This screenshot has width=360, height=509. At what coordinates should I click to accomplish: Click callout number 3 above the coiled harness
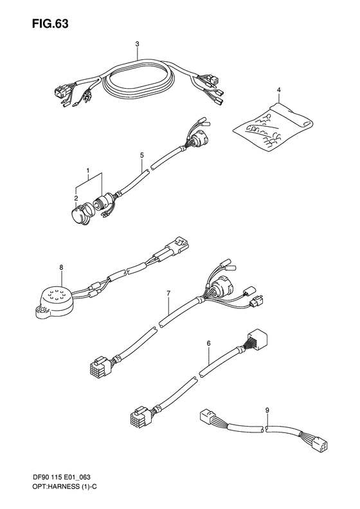pyautogui.click(x=138, y=44)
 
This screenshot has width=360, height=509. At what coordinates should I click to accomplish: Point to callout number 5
pyautogui.click(x=141, y=155)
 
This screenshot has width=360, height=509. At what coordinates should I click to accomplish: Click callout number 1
pyautogui.click(x=87, y=170)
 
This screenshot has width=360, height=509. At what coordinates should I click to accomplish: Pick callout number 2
pyautogui.click(x=76, y=198)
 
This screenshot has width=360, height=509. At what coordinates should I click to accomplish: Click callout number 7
pyautogui.click(x=168, y=293)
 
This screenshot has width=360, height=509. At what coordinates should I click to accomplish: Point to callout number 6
pyautogui.click(x=208, y=344)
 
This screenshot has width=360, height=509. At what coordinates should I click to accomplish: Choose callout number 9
pyautogui.click(x=267, y=409)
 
